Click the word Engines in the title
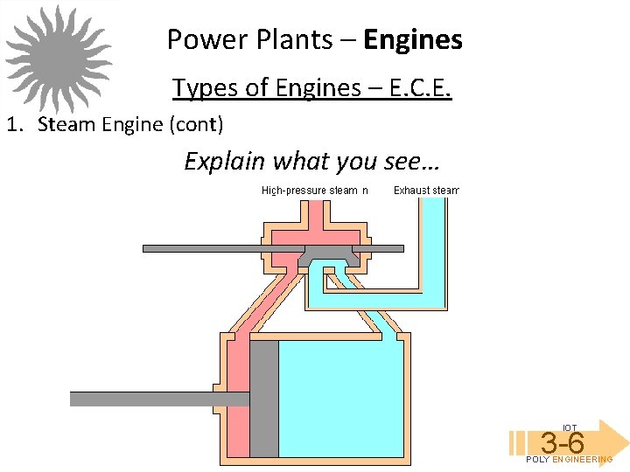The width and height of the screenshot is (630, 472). coord(413,39)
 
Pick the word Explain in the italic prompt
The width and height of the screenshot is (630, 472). coord(225,161)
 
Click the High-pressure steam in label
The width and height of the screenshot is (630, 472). coord(315,191)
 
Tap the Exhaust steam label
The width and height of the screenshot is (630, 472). coord(426,191)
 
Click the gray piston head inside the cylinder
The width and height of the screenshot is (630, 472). coord(264,398)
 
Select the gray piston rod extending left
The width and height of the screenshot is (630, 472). coord(157,399)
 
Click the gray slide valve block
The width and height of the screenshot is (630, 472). coord(328,256)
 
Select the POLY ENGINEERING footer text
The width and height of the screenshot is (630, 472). coord(570,460)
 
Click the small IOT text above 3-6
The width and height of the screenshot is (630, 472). coord(570,427)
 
